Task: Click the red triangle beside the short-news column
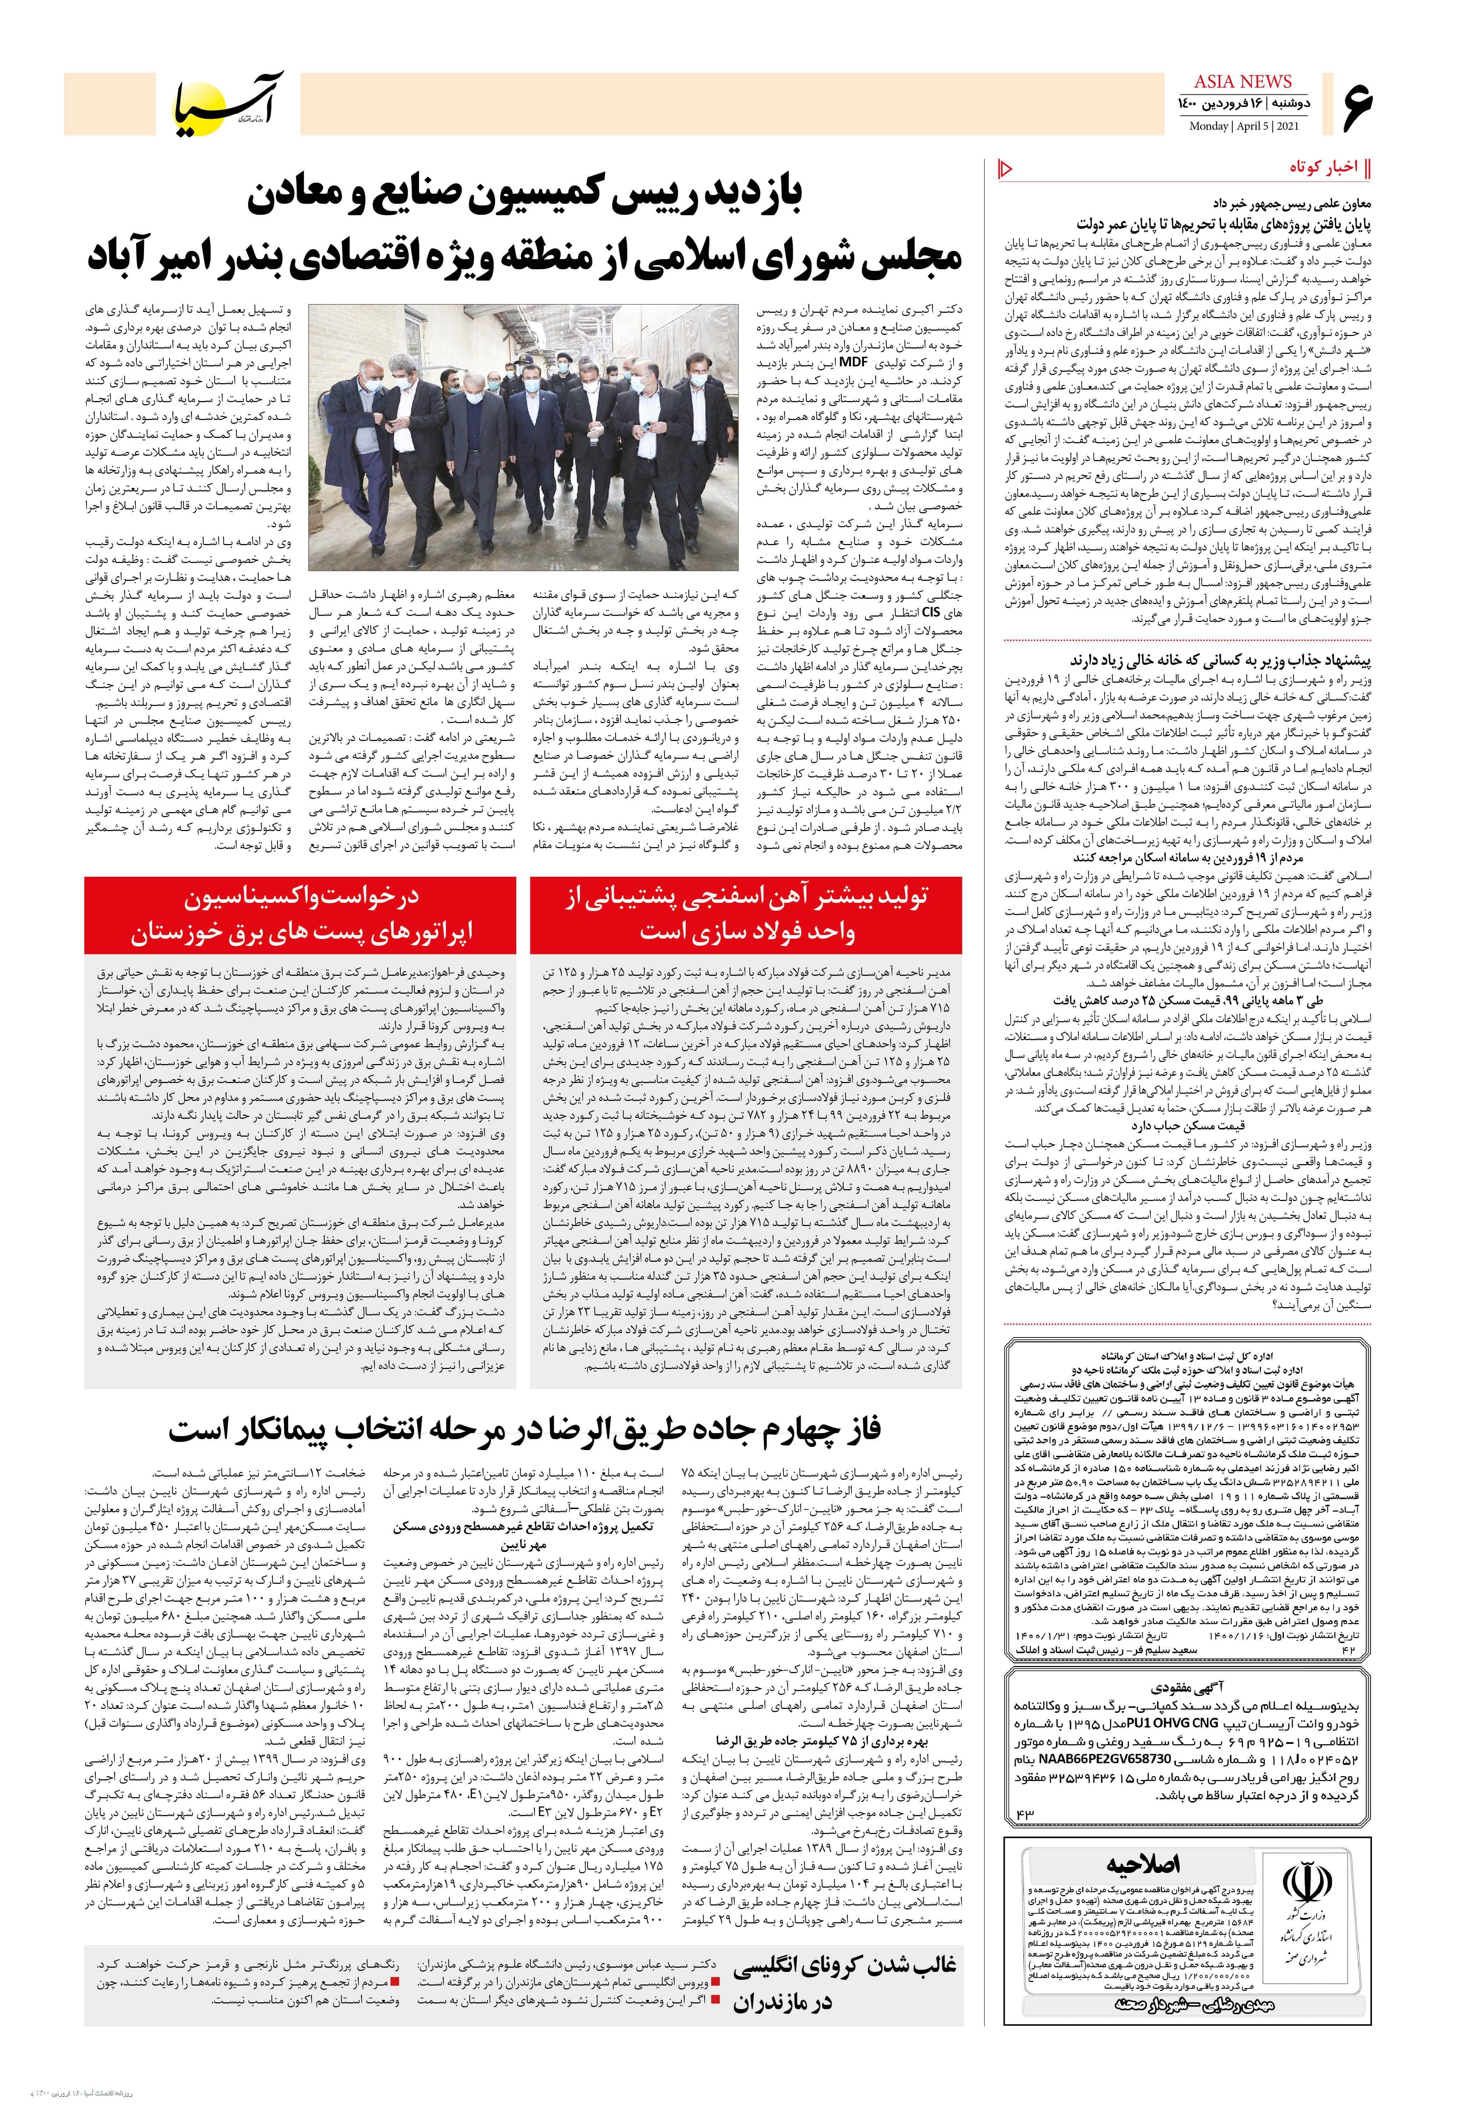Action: click(1005, 168)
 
